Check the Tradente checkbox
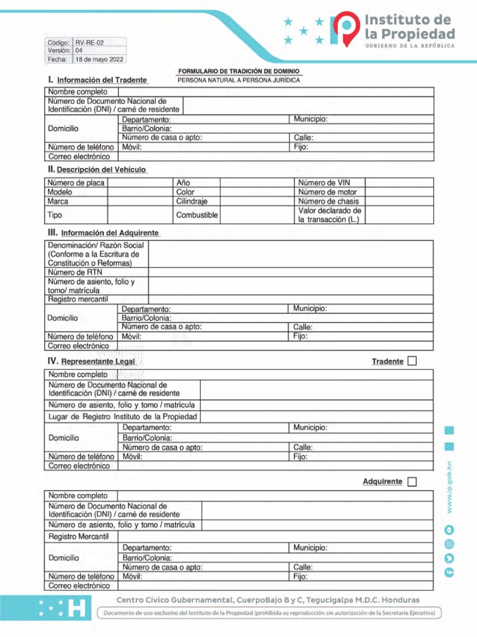click(412, 361)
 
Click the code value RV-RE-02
click(89, 42)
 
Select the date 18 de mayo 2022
click(99, 60)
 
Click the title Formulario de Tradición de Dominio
click(239, 72)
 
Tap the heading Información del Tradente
click(102, 80)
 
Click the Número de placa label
click(76, 183)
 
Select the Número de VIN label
click(324, 183)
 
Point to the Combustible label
click(197, 215)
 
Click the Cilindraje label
click(191, 202)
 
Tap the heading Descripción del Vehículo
click(102, 170)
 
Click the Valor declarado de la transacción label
click(329, 215)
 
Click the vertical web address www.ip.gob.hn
click(450, 487)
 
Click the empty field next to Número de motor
click(399, 192)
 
